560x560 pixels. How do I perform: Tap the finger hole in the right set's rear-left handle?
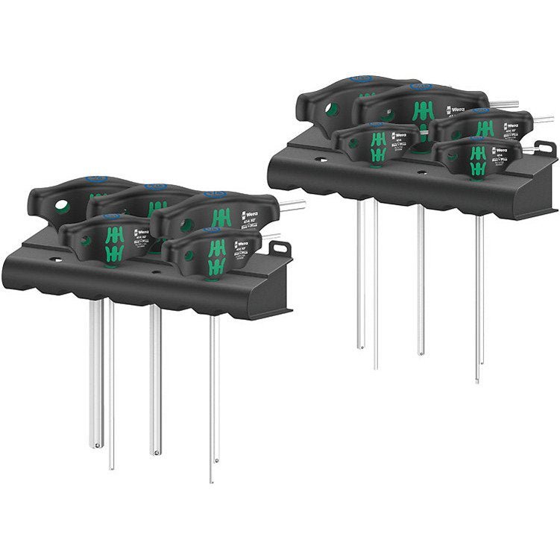click(332, 110)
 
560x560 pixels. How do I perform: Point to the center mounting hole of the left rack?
click(155, 272)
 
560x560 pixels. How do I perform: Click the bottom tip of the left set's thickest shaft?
click(95, 445)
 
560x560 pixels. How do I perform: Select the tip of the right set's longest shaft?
click(477, 381)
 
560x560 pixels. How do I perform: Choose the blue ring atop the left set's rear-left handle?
click(98, 180)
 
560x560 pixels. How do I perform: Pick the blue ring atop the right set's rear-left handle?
click(362, 78)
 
